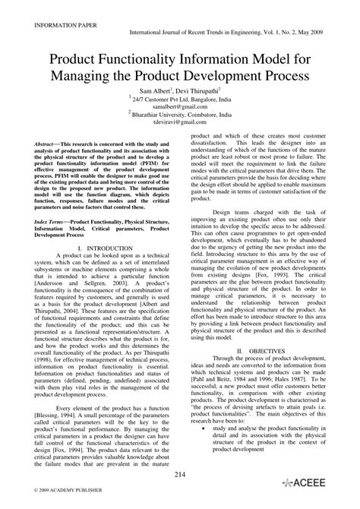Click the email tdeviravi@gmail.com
(179, 121)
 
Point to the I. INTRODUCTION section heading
(100, 226)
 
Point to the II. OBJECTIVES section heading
(261, 351)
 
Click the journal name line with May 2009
(238, 34)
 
